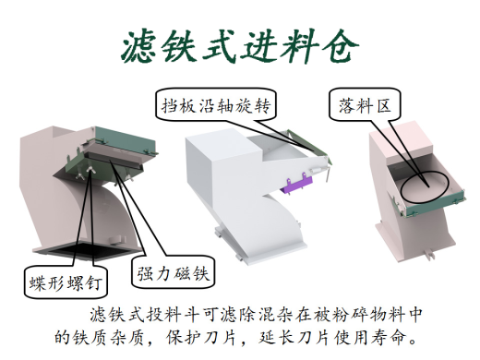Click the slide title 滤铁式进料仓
point(239,47)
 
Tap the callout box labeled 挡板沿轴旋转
point(213,105)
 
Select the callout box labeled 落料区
point(359,105)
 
